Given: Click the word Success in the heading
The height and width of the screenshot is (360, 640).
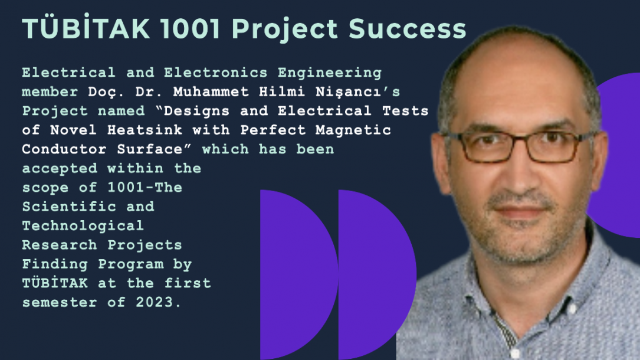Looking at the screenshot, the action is [407, 29].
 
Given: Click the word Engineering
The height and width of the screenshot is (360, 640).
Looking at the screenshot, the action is [330, 73].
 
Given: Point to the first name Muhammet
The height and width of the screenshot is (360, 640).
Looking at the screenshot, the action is [211, 91].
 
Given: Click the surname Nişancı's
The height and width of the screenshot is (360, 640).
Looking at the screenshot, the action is [358, 92].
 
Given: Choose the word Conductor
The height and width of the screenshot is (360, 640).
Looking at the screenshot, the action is [64, 149].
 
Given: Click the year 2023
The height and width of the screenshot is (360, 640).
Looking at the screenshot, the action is [155, 302].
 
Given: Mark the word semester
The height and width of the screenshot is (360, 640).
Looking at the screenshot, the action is [60, 302].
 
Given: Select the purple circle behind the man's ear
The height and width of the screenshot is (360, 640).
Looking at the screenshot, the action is [616, 155].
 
